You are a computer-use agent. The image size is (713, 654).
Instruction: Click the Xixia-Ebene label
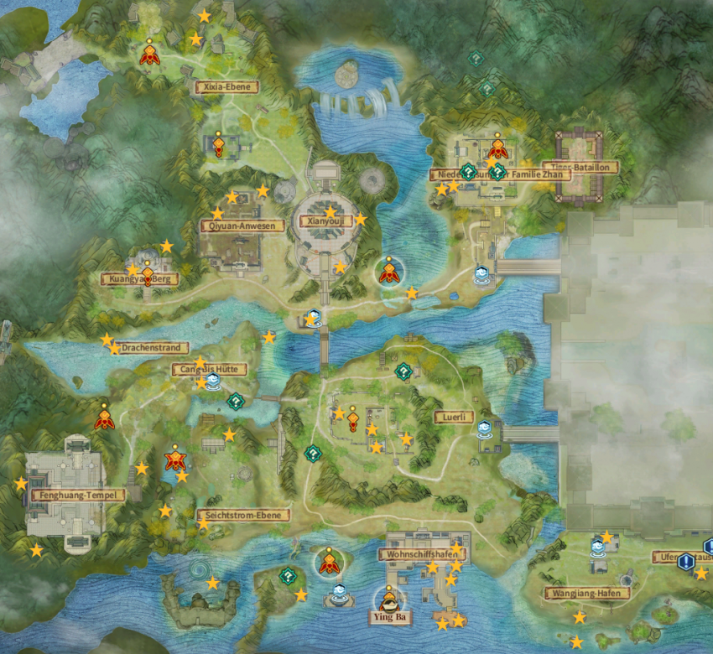click(x=227, y=86)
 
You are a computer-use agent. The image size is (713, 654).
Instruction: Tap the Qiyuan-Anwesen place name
click(x=242, y=226)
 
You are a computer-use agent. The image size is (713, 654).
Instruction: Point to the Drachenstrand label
click(x=153, y=347)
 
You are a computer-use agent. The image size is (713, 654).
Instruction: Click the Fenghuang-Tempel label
click(x=77, y=495)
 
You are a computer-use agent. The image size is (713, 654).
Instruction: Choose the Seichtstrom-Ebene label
click(x=243, y=515)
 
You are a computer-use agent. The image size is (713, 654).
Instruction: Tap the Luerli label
click(x=454, y=417)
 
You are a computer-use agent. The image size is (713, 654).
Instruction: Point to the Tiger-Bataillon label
click(x=580, y=167)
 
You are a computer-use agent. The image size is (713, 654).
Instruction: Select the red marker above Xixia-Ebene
click(x=149, y=54)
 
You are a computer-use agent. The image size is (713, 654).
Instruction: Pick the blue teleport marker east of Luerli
click(x=484, y=431)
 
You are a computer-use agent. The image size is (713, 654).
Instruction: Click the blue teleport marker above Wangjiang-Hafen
click(x=597, y=549)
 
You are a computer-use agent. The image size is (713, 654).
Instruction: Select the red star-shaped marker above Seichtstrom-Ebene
click(x=175, y=459)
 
